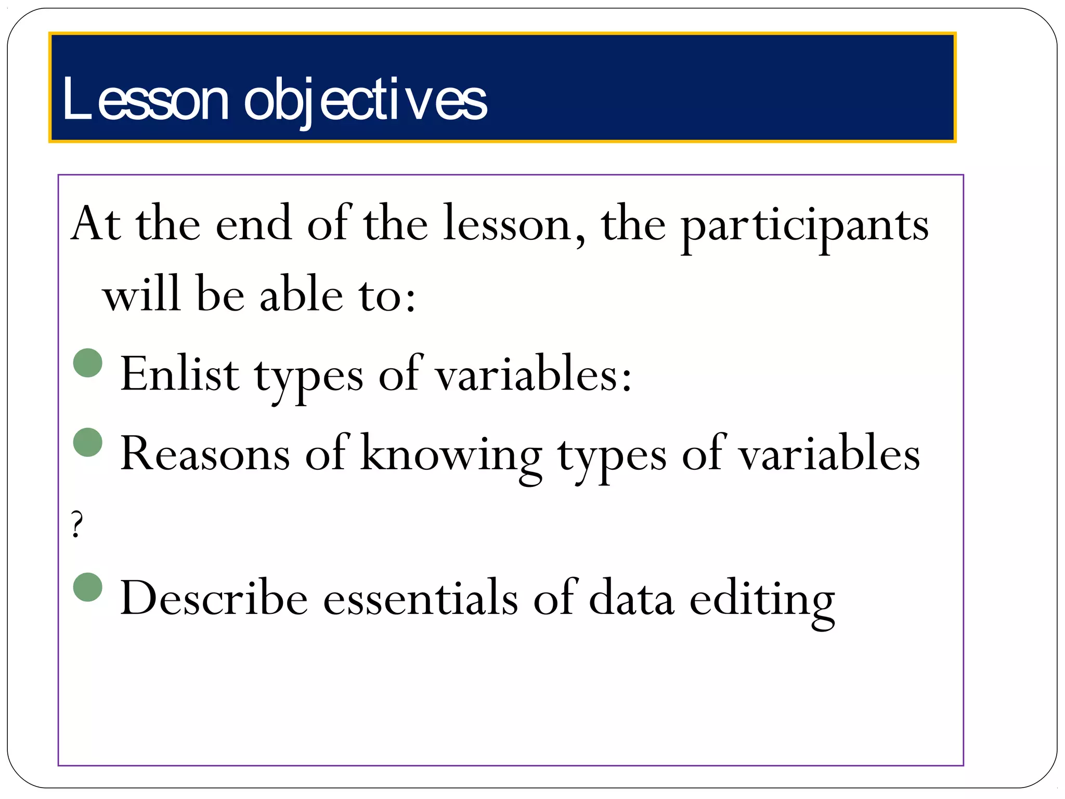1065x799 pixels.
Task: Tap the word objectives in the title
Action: point(365,100)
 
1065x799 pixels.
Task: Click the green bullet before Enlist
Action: point(88,363)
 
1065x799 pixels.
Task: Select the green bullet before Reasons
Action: point(88,442)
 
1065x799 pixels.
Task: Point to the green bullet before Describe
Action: point(88,587)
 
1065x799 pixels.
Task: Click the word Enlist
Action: point(179,373)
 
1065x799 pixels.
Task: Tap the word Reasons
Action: point(205,454)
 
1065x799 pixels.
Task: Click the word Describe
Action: point(214,598)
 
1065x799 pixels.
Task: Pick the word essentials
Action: point(421,598)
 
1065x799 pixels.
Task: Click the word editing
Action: point(762,601)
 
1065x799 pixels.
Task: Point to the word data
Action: point(631,598)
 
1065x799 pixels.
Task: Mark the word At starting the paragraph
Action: point(96,224)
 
